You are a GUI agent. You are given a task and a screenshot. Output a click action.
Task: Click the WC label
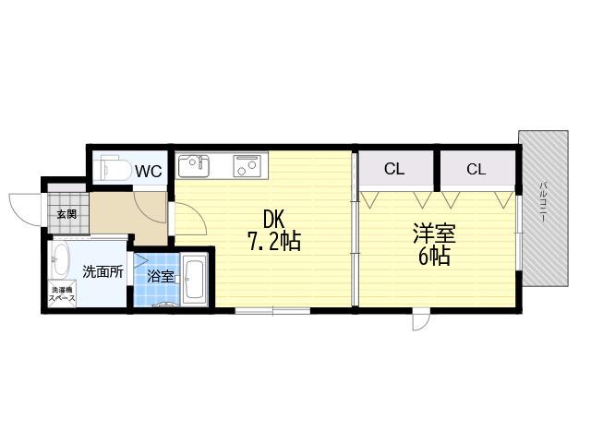149,172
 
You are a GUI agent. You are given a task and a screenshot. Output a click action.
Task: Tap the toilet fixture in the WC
111,168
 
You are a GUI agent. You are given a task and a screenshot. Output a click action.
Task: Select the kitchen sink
194,166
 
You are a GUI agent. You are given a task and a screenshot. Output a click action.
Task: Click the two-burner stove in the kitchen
247,166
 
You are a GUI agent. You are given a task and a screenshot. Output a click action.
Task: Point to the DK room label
275,220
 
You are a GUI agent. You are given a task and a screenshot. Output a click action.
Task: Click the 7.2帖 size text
274,241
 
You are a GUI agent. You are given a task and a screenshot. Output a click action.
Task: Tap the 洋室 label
434,233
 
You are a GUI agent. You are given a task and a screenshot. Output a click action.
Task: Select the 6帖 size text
434,256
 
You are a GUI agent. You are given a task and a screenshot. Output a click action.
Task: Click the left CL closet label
394,169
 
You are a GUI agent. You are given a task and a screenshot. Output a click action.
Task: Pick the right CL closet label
476,169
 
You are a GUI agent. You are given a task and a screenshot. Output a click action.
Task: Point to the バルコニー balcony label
543,201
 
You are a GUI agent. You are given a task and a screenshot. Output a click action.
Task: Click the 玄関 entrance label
66,214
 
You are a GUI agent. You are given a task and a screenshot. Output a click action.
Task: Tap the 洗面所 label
103,271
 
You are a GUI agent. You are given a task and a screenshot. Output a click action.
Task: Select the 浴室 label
160,277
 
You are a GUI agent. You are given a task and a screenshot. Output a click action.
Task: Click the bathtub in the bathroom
195,279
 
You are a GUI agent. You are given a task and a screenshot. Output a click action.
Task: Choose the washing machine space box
62,293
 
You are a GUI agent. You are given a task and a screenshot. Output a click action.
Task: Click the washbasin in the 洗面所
60,259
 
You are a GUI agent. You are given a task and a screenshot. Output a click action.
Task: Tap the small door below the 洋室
421,320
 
